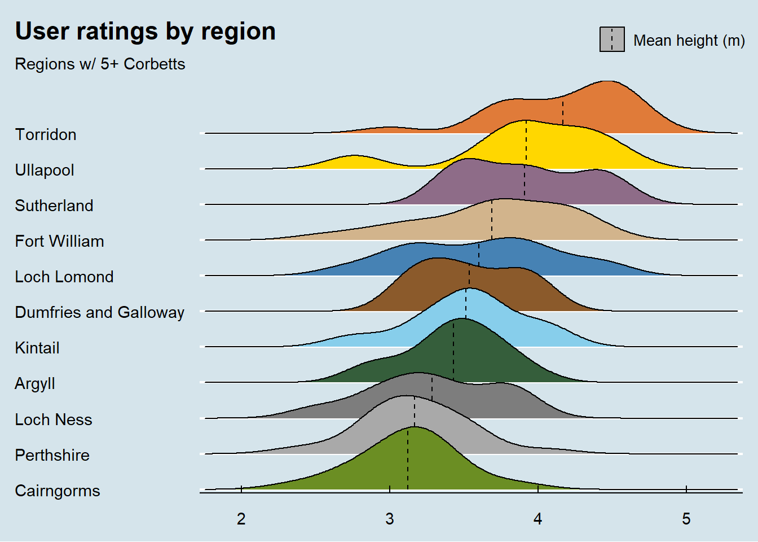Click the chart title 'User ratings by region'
[x=145, y=32]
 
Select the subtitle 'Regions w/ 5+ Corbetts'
[x=100, y=64]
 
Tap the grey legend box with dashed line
[x=612, y=40]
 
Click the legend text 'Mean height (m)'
[x=689, y=41]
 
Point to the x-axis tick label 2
[x=241, y=519]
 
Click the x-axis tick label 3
[x=390, y=519]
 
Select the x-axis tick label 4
[x=538, y=519]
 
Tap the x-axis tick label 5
[x=686, y=519]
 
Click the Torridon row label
[x=46, y=135]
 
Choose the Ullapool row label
[x=45, y=171]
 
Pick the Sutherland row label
[x=54, y=206]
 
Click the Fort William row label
[x=59, y=242]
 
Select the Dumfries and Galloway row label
[x=99, y=313]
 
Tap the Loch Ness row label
[x=54, y=420]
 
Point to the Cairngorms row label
[x=58, y=491]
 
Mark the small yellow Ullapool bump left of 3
[x=354, y=162]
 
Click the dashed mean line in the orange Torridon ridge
[x=562, y=113]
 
